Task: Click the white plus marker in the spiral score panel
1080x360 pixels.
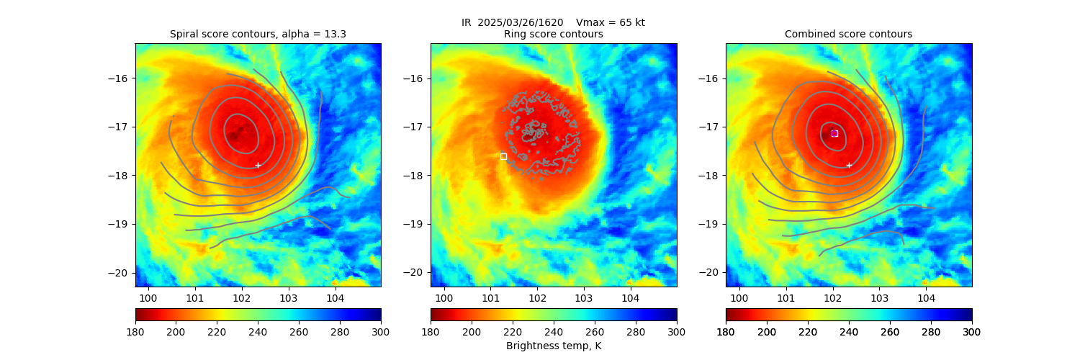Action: [x=258, y=165]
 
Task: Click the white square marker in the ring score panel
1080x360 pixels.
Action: [x=503, y=156]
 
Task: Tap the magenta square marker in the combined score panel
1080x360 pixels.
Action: [x=834, y=133]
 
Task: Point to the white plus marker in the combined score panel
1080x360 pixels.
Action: [x=849, y=165]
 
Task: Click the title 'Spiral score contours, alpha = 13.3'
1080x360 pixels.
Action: [x=258, y=35]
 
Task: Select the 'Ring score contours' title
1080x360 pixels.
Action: [x=553, y=35]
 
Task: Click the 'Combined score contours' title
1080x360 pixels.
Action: [x=848, y=35]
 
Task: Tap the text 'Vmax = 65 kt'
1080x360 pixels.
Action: [x=611, y=22]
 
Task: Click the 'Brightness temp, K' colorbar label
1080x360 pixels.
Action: [x=553, y=346]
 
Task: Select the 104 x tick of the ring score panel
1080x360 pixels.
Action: [x=630, y=298]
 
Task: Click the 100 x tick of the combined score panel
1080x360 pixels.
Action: [x=739, y=298]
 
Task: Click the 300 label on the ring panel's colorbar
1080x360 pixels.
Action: [x=676, y=332]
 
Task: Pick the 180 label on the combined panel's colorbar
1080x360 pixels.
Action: [x=726, y=332]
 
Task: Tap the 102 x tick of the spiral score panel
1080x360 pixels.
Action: [x=241, y=298]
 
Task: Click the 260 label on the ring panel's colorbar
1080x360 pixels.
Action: [x=594, y=332]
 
